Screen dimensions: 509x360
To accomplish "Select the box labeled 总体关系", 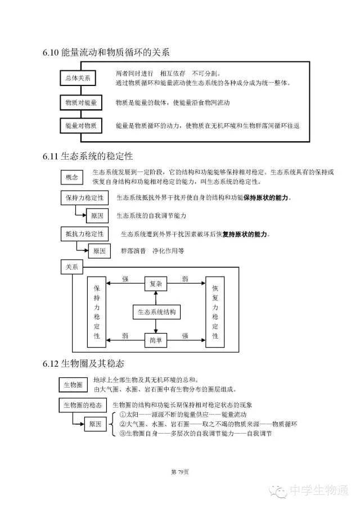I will (x=79, y=78).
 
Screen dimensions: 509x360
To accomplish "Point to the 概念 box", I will (x=72, y=178).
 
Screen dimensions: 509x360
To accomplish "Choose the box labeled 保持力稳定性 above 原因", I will (x=84, y=198).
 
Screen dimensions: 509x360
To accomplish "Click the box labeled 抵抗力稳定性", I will (x=84, y=233).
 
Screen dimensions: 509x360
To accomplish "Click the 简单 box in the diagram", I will (x=156, y=340).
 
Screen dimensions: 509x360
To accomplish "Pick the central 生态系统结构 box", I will (x=156, y=312).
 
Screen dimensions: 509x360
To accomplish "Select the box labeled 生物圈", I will (x=73, y=385).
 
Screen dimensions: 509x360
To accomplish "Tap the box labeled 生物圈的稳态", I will (x=83, y=406).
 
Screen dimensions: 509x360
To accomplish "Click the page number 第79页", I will (x=179, y=471).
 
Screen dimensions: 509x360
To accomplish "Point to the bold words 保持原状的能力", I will (x=267, y=198).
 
